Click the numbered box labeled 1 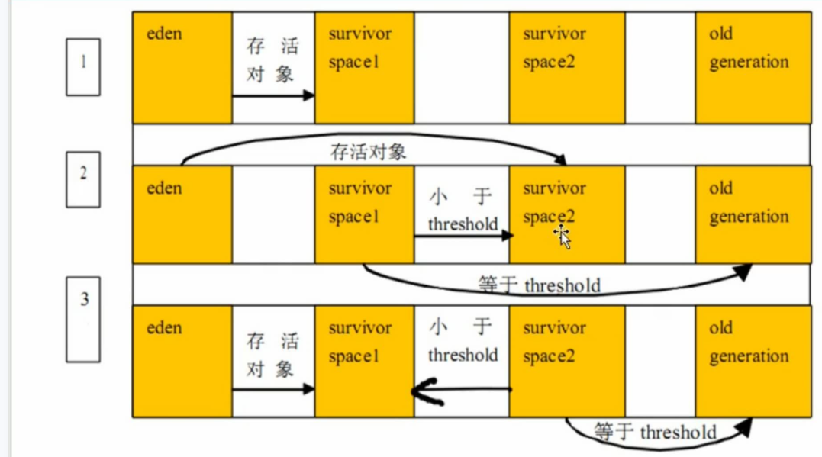82,67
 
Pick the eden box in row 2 182,214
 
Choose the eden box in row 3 182,361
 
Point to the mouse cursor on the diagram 563,237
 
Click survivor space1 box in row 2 365,214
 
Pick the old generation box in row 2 753,214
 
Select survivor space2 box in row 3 567,361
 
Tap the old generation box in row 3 753,361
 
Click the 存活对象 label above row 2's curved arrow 369,152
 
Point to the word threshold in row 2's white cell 463,224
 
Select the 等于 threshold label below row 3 656,433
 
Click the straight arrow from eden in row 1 273,95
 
